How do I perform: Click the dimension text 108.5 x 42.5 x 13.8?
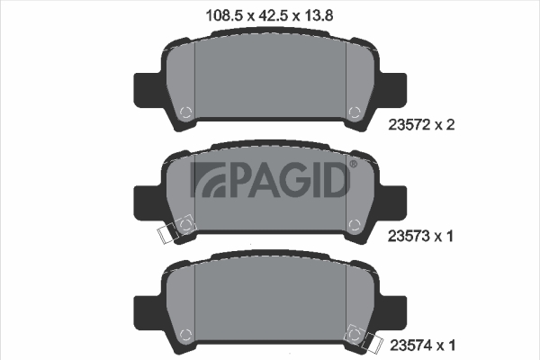click(269, 15)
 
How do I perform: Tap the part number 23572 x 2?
click(421, 125)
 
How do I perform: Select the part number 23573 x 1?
click(420, 237)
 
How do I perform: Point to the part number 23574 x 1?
click(423, 346)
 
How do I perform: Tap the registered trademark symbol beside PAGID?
click(354, 165)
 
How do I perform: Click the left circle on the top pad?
click(186, 112)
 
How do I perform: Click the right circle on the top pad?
click(355, 112)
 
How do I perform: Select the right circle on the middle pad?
click(355, 225)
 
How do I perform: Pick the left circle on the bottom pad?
click(186, 334)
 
